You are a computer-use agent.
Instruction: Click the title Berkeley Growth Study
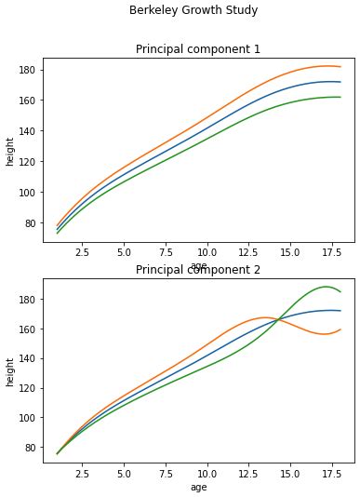(193, 10)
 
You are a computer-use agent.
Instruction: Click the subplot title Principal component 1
(198, 49)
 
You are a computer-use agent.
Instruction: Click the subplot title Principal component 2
(198, 270)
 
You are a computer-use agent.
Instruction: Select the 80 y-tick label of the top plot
(28, 223)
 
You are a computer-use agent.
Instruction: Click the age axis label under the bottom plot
(198, 487)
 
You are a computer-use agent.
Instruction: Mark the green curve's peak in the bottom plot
(326, 287)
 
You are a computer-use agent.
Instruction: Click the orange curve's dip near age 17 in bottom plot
(324, 334)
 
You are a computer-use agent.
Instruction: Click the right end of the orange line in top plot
(340, 67)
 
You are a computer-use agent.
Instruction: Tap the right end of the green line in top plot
(340, 97)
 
